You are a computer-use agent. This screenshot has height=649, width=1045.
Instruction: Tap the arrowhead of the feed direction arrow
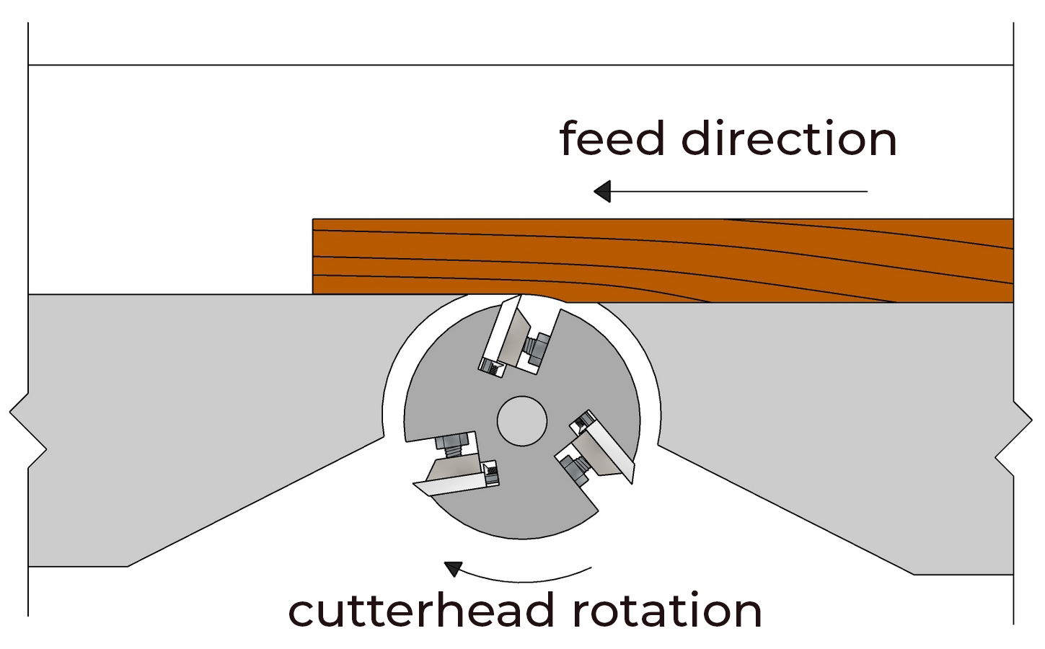[x=602, y=191]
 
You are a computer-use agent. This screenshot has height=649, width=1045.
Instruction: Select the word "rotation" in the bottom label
[x=666, y=611]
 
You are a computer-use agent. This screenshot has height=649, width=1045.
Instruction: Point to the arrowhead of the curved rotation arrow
[x=453, y=568]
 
